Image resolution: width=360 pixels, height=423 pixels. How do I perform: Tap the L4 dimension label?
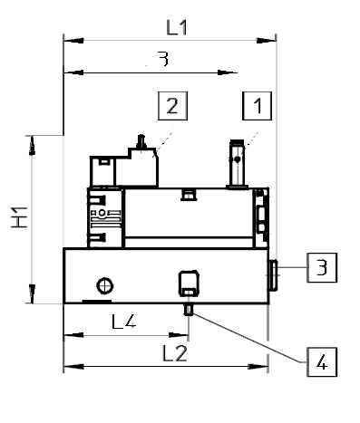pos(124,322)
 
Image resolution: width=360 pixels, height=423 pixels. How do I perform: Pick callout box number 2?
pos(172,107)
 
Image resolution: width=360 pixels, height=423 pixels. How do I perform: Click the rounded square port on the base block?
pos(189,284)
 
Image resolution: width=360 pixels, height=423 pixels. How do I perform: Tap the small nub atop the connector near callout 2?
pos(141,141)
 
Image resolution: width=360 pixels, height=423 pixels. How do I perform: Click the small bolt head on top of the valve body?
pos(188,192)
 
